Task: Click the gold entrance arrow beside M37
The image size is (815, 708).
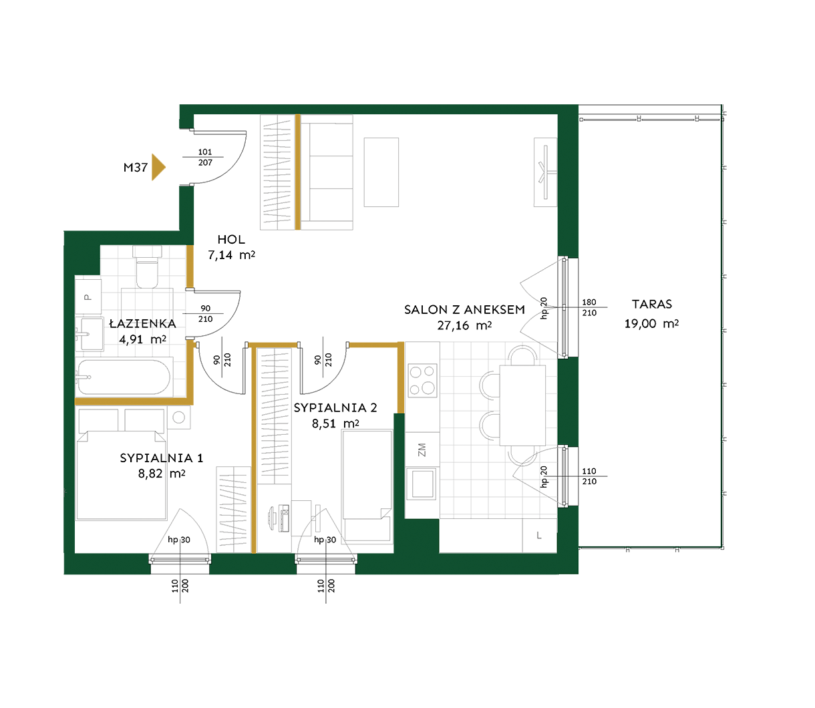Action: (x=158, y=167)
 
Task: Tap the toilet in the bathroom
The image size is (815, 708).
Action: (x=147, y=267)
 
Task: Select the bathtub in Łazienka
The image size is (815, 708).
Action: (x=124, y=377)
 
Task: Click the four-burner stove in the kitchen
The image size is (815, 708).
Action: (x=422, y=380)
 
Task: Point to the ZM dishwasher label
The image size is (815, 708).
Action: (x=422, y=450)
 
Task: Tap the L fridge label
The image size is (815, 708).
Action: (x=539, y=536)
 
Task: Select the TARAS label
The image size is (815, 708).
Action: (x=652, y=304)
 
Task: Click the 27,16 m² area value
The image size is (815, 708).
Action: (x=464, y=325)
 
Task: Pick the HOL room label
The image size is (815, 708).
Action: (x=231, y=239)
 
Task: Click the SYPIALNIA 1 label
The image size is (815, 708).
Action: (x=161, y=458)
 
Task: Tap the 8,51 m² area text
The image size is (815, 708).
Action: (x=335, y=423)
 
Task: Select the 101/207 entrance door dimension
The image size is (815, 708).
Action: (x=205, y=157)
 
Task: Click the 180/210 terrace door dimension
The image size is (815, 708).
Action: (x=589, y=307)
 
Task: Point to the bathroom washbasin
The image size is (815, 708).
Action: (x=91, y=334)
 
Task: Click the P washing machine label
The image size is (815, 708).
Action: (x=88, y=297)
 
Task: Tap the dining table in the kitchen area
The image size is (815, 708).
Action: (x=522, y=405)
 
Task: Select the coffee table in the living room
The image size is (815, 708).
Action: (x=381, y=172)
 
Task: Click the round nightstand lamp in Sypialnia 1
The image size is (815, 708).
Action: (x=179, y=417)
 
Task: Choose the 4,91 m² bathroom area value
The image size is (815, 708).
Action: (x=142, y=339)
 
